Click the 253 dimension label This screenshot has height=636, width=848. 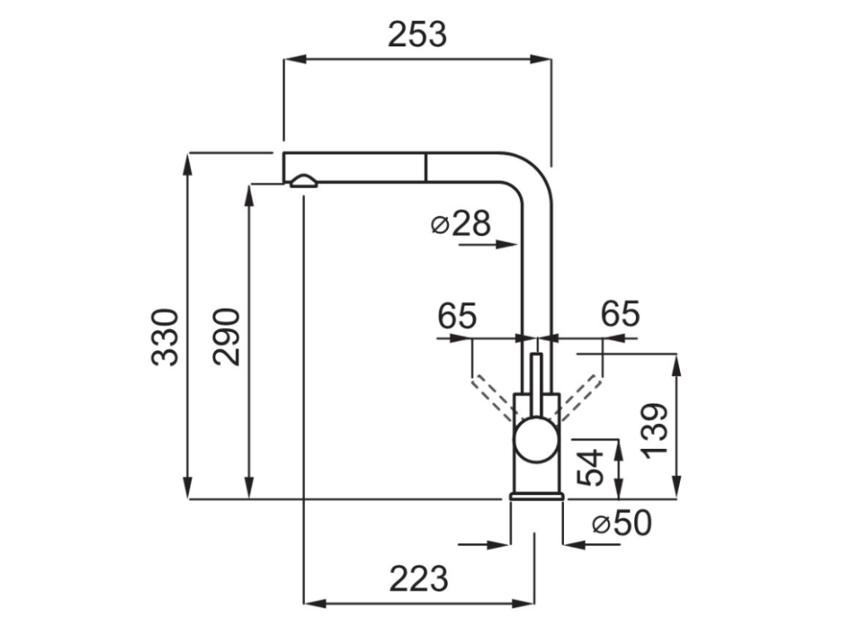[417, 35]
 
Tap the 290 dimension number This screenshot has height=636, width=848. [226, 337]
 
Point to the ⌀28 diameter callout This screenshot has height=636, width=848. [461, 224]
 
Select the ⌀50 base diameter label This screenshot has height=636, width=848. [622, 523]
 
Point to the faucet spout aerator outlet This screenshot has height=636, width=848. [301, 181]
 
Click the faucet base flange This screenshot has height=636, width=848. [537, 495]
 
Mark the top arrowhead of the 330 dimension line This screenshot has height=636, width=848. [189, 162]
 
